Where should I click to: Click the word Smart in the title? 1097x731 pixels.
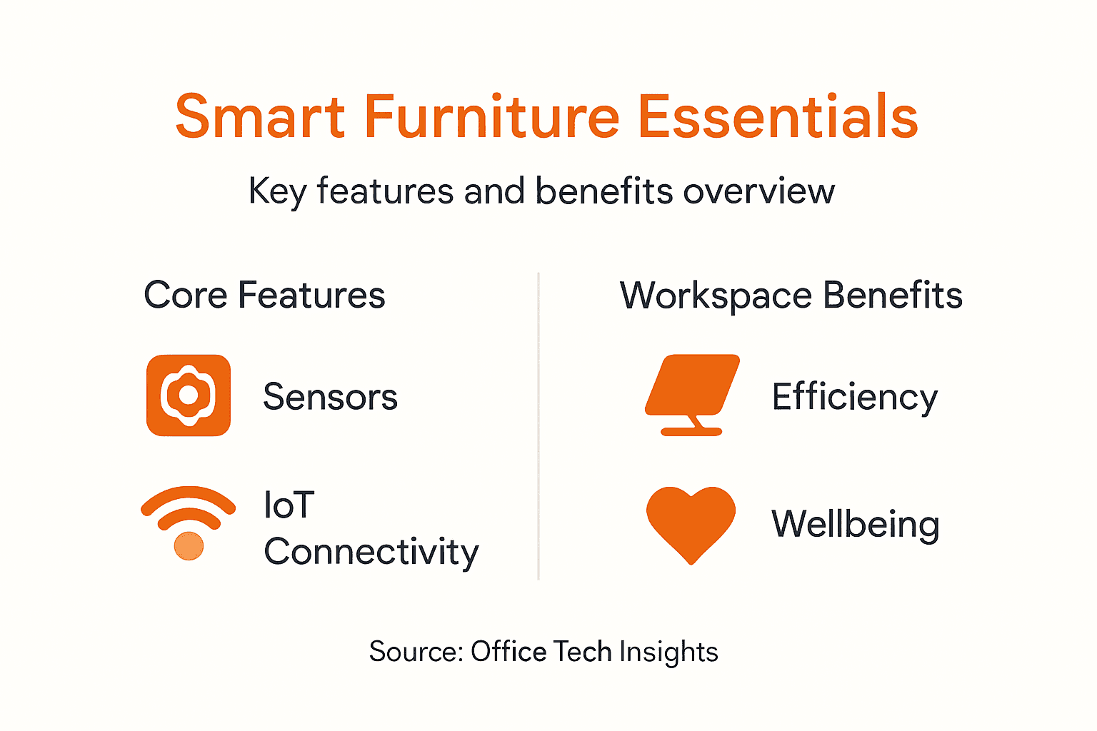coord(260,116)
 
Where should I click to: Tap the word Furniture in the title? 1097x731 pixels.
coord(491,116)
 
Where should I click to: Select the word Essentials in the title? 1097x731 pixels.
coord(777,116)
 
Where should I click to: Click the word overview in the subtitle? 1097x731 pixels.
coord(758,191)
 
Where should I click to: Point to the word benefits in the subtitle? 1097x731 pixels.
coord(604,191)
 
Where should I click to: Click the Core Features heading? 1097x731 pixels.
coord(264,295)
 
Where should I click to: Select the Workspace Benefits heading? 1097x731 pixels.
coord(791,296)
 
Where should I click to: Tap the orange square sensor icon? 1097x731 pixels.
coord(189,395)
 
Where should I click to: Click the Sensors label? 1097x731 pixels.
coord(330,397)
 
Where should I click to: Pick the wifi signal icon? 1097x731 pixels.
coord(189,521)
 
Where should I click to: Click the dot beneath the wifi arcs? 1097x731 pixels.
coord(189,546)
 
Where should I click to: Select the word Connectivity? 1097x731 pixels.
coord(371,552)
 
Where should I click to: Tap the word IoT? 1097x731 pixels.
coord(289,505)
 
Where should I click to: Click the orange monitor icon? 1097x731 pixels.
coord(691,393)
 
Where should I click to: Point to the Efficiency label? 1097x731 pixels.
coord(854,397)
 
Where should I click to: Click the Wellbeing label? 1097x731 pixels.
coord(855,524)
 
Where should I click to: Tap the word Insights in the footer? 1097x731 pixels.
coord(668,652)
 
